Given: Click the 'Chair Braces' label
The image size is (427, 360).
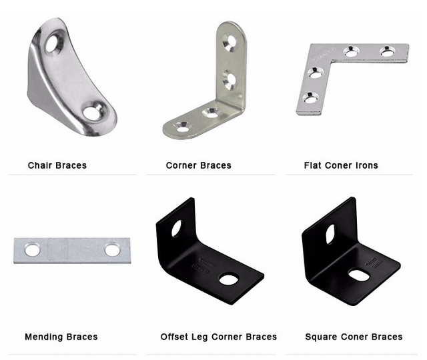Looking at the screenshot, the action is point(57,165).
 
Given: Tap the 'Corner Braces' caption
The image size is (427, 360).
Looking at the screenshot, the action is point(199,165).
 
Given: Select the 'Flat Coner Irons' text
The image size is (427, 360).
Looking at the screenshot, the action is point(341,165).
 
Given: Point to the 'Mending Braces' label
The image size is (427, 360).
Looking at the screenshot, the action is point(61,337).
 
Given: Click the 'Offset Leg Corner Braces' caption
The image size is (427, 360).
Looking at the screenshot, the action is point(219,337).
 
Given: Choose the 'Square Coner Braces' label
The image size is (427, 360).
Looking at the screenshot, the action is point(354,337).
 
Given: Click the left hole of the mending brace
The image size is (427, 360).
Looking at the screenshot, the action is point(32,250).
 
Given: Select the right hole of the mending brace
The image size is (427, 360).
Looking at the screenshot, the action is point(112,249).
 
